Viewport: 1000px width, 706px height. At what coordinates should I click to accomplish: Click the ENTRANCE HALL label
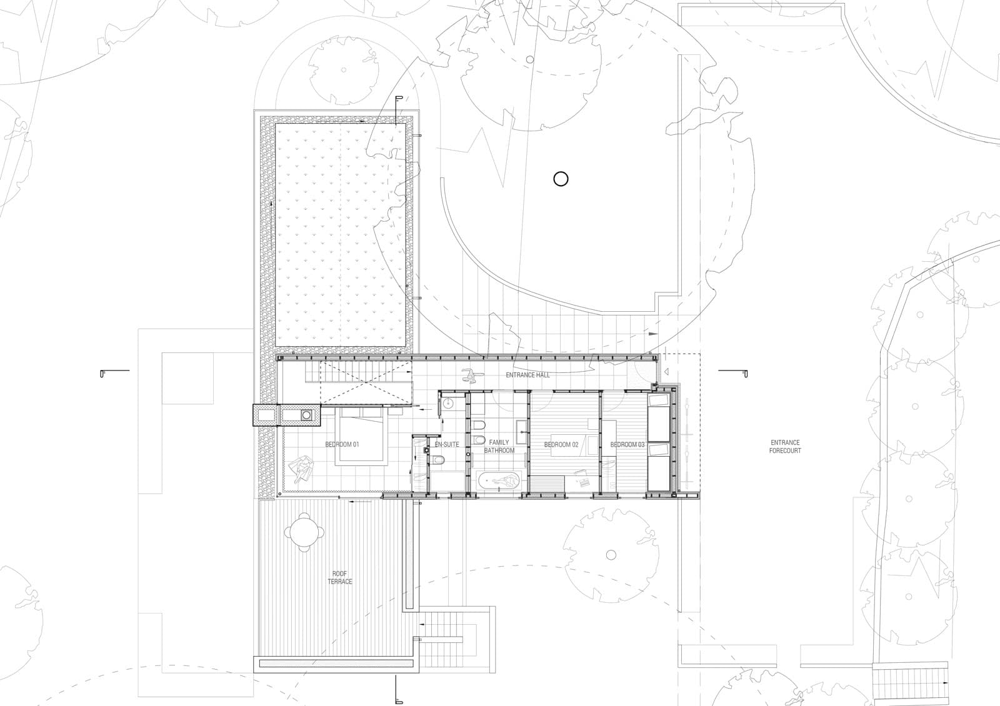[527, 375]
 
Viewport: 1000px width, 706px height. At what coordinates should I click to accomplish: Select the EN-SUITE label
[446, 445]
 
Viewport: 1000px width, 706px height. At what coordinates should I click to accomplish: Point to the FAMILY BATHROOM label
[499, 446]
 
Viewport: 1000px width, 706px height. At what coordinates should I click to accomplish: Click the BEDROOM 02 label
[561, 445]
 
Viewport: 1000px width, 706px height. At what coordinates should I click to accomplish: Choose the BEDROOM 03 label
[627, 445]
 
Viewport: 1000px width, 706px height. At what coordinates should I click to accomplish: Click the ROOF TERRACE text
[340, 577]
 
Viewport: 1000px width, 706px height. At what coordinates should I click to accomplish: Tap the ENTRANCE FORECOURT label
[785, 446]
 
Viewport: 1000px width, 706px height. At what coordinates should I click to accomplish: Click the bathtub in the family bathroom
[499, 481]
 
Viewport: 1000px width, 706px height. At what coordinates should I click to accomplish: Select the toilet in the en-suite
[439, 460]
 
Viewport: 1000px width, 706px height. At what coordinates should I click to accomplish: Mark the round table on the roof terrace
[304, 532]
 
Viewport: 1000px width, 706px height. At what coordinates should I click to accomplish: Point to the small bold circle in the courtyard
[561, 179]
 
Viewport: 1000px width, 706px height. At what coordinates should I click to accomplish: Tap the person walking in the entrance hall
[469, 375]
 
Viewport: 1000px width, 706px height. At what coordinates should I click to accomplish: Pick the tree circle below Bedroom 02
[611, 554]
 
